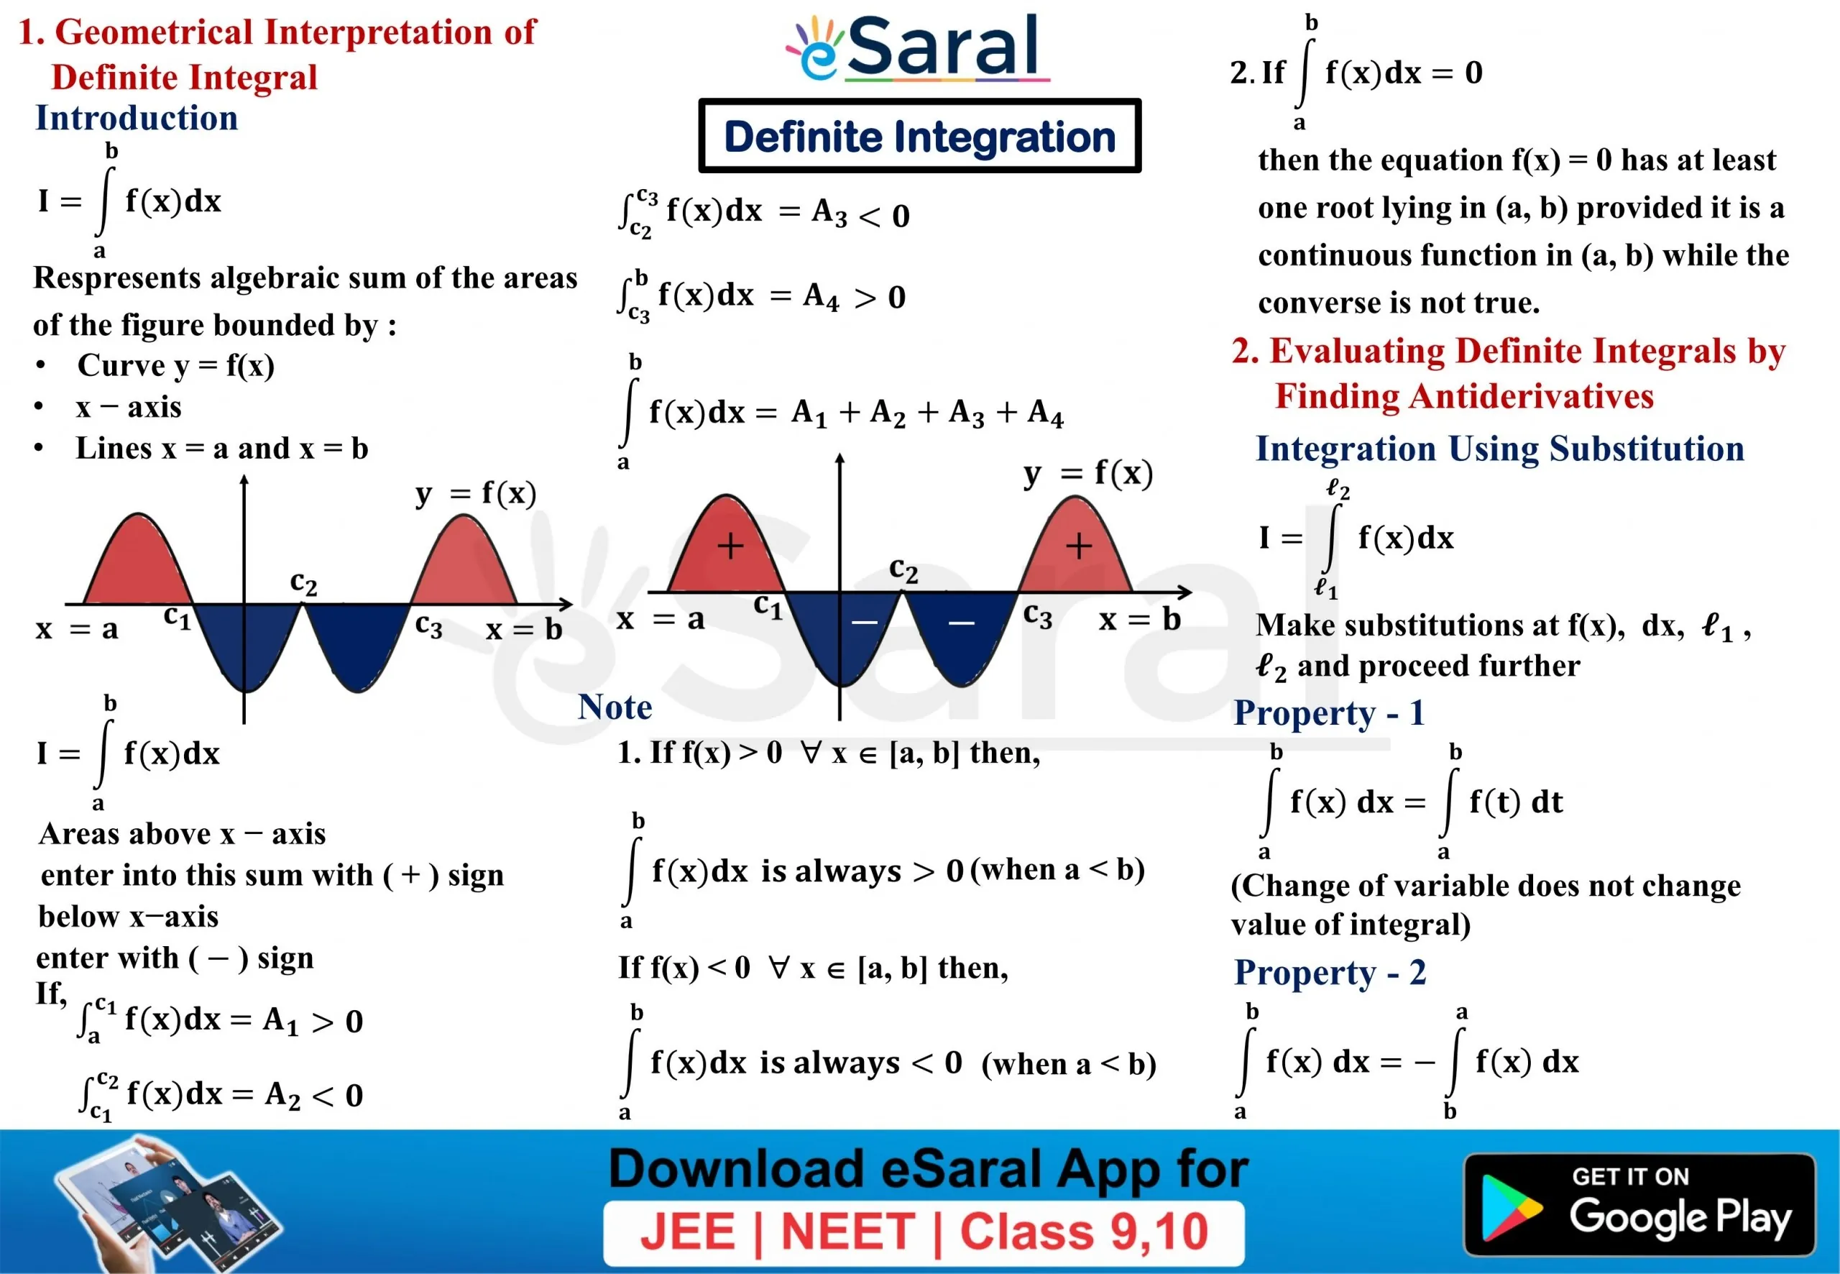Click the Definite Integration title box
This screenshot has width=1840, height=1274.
click(919, 136)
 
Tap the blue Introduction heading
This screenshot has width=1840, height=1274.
click(137, 118)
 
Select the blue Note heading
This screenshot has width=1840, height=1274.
click(615, 707)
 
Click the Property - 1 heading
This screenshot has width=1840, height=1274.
click(1330, 712)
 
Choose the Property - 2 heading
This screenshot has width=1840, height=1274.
click(1330, 972)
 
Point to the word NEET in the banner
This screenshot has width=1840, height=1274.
click(847, 1232)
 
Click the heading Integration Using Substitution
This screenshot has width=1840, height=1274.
click(1500, 449)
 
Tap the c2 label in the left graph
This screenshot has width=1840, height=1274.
click(303, 583)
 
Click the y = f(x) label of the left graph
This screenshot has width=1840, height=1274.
click(476, 494)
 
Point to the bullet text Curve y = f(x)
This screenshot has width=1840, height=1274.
click(176, 366)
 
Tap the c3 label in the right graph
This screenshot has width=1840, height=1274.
click(1037, 615)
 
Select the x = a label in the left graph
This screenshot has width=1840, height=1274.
click(78, 629)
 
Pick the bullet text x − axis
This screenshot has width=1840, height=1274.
click(129, 407)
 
